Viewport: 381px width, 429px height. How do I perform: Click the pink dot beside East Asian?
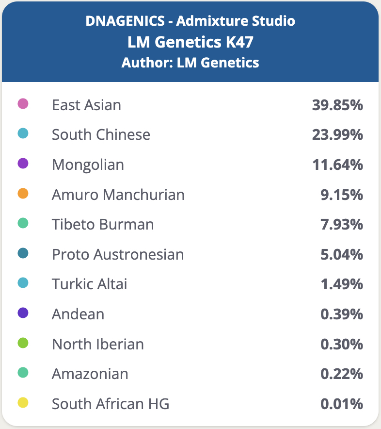tap(23, 104)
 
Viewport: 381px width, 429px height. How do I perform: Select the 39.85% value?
tap(337, 105)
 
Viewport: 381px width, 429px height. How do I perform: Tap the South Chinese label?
tap(101, 134)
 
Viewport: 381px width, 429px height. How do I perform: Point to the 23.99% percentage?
tap(337, 134)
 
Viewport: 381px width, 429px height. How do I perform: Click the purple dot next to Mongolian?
tap(23, 164)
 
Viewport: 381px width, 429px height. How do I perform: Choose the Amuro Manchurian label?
tap(118, 195)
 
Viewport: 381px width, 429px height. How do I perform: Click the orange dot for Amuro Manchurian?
tap(23, 194)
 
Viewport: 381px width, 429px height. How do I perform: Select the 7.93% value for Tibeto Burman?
tap(342, 225)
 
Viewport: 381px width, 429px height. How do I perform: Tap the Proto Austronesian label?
tap(118, 254)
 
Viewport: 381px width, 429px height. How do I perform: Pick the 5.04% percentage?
tap(342, 254)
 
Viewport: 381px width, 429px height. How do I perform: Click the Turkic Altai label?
tap(90, 284)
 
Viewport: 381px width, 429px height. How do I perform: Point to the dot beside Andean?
tap(23, 313)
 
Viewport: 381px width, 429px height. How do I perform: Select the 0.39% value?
tap(342, 314)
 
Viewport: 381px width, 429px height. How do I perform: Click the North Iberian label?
tap(98, 344)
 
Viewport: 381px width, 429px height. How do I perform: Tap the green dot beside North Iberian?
tap(23, 343)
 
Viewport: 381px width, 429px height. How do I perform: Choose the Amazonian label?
tap(90, 374)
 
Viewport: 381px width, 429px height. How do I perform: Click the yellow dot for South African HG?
tap(23, 403)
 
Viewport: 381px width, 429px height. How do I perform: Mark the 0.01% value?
tap(342, 404)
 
